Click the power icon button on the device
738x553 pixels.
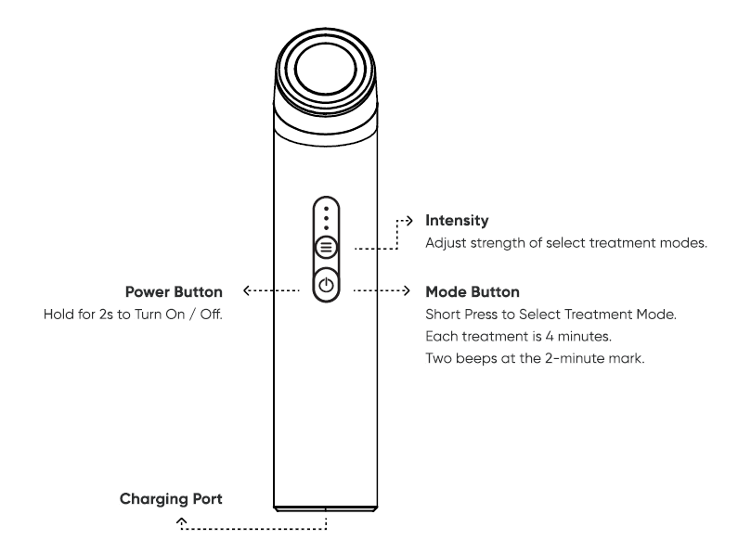click(326, 285)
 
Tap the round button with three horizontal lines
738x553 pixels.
click(326, 247)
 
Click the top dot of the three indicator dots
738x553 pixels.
click(326, 209)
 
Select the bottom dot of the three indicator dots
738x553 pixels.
click(326, 228)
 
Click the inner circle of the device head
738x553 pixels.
click(325, 69)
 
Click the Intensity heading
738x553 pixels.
click(457, 221)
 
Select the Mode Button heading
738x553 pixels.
click(473, 292)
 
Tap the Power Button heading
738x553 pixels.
click(174, 292)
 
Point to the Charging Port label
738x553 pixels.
click(171, 499)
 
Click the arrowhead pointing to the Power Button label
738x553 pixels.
click(246, 290)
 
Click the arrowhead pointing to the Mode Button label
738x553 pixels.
click(407, 290)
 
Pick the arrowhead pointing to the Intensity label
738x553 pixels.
click(409, 220)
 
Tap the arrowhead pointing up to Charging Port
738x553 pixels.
click(182, 521)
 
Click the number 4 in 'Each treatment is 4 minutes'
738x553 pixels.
click(550, 336)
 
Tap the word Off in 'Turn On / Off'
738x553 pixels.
click(211, 315)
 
